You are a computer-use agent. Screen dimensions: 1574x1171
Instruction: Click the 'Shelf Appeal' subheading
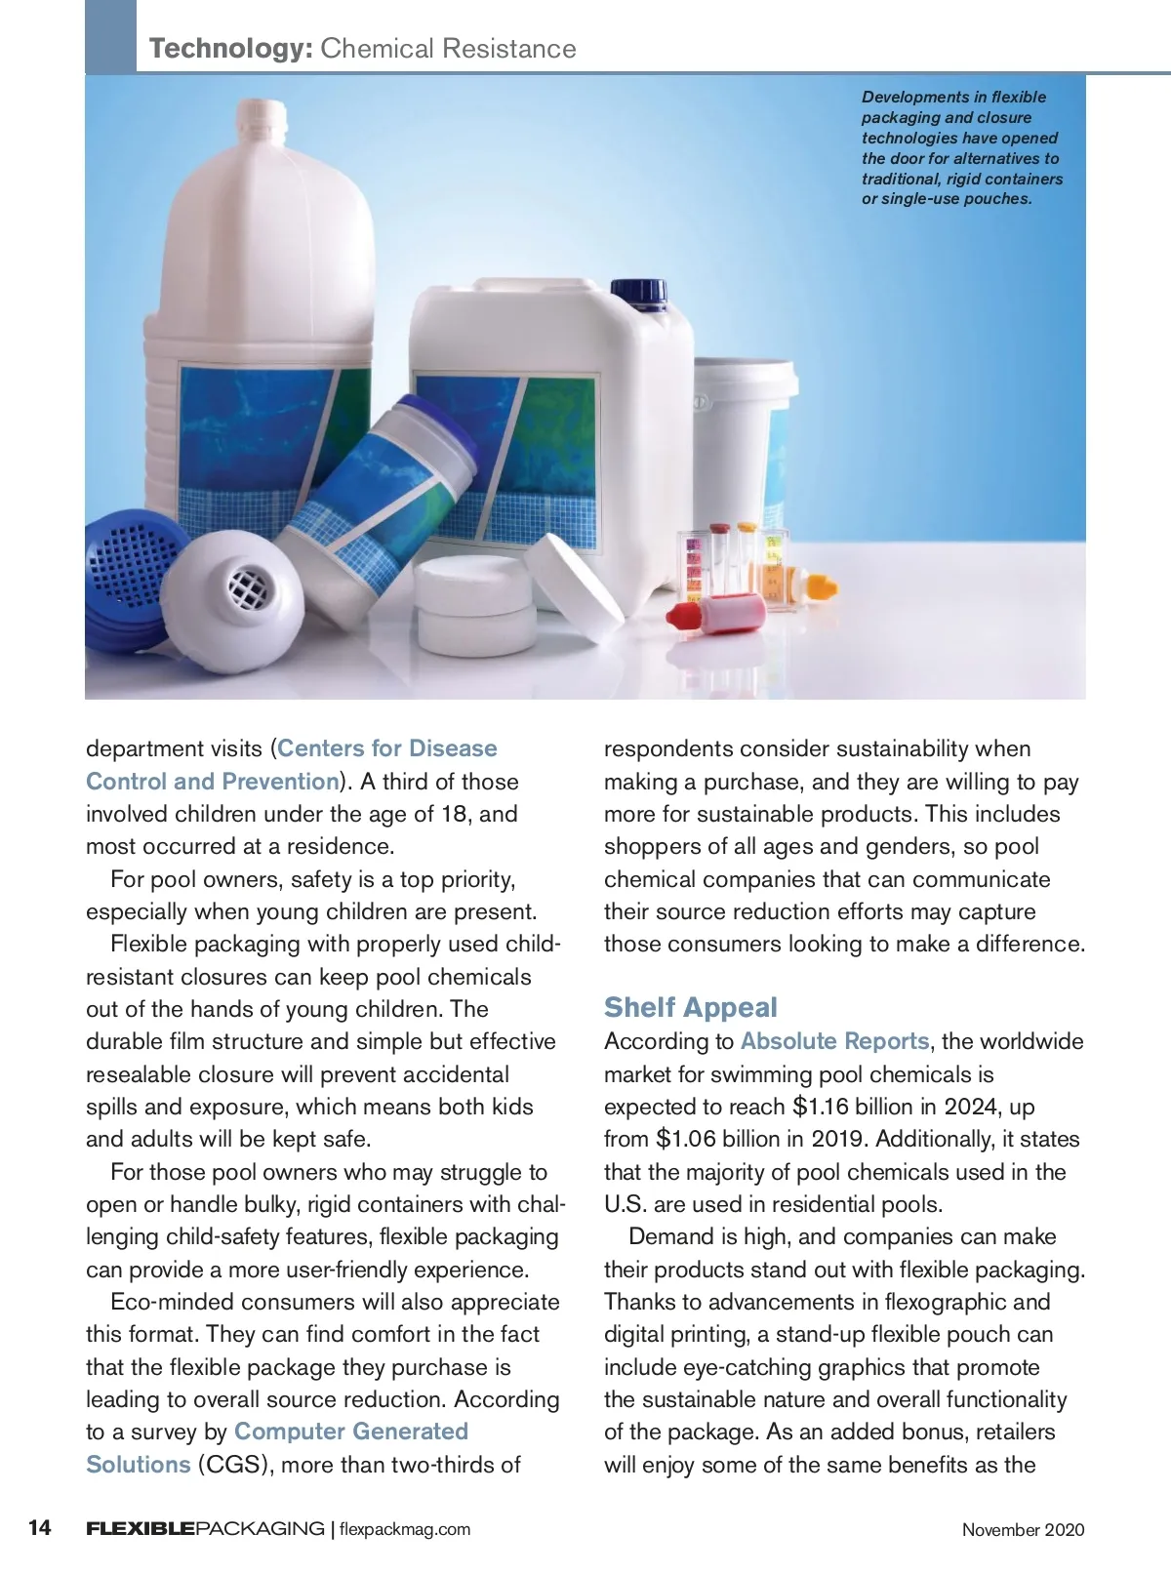[690, 1007]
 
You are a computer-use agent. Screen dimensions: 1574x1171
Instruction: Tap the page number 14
[39, 1528]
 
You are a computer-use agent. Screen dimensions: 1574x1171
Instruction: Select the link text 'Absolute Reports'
[834, 1041]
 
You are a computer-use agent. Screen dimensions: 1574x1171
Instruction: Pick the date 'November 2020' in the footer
[1023, 1530]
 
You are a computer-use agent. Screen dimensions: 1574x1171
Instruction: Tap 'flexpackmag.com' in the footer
[404, 1529]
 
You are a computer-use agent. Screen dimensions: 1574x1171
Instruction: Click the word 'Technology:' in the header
[230, 49]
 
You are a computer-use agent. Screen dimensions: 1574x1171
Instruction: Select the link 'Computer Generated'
[351, 1432]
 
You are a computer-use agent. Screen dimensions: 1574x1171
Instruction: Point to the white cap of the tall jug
[262, 118]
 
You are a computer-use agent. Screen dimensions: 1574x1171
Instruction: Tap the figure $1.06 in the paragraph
[685, 1139]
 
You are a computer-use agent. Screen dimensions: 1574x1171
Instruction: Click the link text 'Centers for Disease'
[387, 748]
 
